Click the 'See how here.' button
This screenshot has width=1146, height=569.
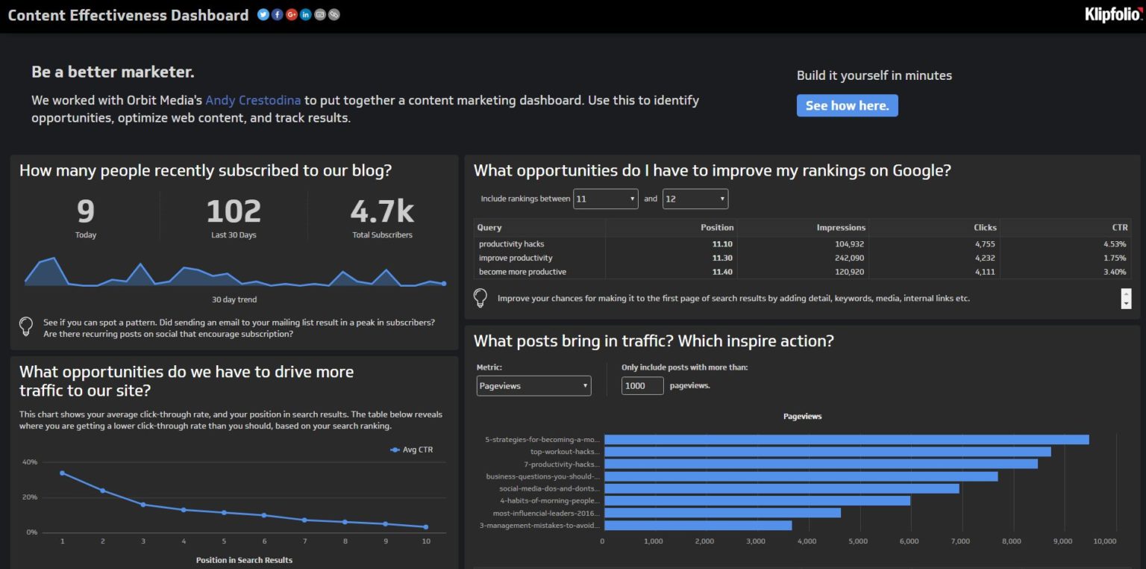point(847,105)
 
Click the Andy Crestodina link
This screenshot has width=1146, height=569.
point(254,100)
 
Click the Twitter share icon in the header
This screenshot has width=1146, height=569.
point(263,14)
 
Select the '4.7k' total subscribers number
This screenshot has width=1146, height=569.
point(382,211)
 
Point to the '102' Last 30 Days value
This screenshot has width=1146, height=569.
point(234,211)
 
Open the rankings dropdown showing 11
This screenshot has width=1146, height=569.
point(605,199)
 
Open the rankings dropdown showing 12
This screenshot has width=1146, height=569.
point(695,199)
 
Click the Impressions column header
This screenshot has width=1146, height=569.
point(841,227)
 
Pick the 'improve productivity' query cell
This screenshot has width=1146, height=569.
point(516,258)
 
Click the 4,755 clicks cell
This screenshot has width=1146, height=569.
point(984,244)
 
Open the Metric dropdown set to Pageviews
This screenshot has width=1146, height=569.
point(533,386)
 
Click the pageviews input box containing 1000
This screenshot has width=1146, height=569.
point(642,386)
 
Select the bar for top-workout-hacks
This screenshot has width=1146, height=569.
point(827,452)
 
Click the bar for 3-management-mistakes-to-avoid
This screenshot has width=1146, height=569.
point(698,526)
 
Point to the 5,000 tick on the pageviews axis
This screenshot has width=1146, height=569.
point(858,541)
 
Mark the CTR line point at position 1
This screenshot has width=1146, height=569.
point(62,473)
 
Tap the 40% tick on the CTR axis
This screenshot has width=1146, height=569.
point(30,462)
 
